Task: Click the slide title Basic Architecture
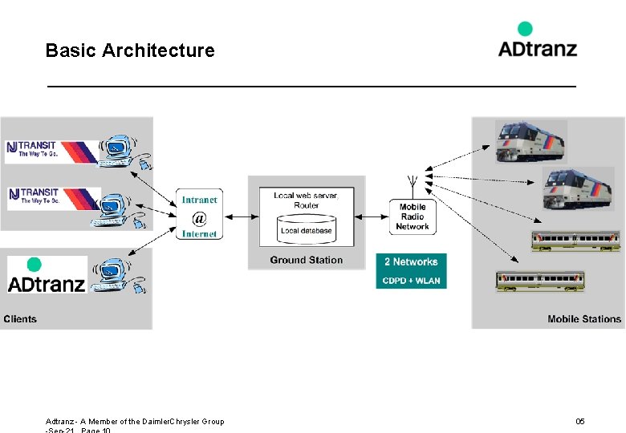[x=130, y=51]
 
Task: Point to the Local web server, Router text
[x=306, y=200]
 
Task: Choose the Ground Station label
[x=306, y=260]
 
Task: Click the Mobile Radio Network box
[x=413, y=216]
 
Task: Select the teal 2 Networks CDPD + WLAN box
[x=411, y=271]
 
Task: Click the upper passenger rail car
[x=575, y=241]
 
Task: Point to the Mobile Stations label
[x=584, y=319]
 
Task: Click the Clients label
[x=20, y=319]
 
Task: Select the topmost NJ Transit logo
[x=52, y=150]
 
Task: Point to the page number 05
[x=580, y=421]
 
